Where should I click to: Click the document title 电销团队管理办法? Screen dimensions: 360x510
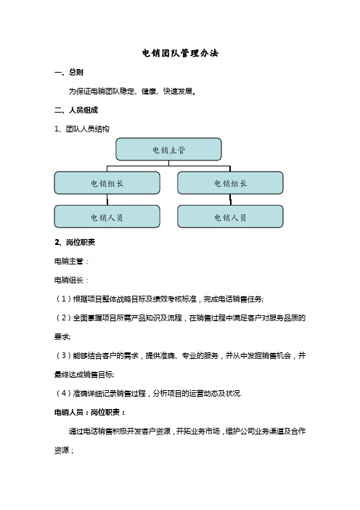click(179, 54)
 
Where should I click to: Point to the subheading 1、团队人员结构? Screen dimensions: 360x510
click(77, 129)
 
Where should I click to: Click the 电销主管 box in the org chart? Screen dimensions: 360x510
click(168, 150)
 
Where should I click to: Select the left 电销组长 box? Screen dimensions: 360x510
click(106, 183)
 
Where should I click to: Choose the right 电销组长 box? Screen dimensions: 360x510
click(230, 183)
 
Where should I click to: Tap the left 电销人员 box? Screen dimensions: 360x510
click(106, 216)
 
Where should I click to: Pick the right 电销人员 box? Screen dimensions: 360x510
click(230, 216)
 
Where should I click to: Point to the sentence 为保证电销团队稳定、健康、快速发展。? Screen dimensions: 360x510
click(131, 92)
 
